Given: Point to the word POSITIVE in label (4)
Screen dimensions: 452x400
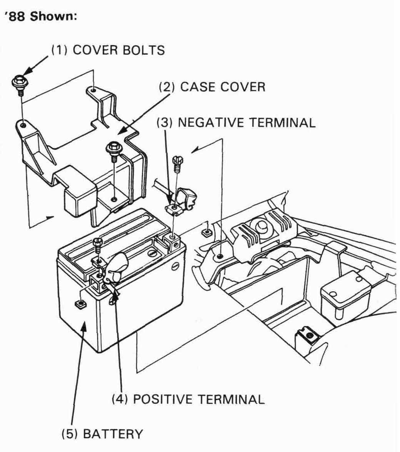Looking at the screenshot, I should click(x=163, y=399).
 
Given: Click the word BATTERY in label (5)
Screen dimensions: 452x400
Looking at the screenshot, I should click(x=113, y=434).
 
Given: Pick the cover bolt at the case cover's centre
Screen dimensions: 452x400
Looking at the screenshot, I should click(x=113, y=149).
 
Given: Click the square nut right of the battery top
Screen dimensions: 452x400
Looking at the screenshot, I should click(x=206, y=233).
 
